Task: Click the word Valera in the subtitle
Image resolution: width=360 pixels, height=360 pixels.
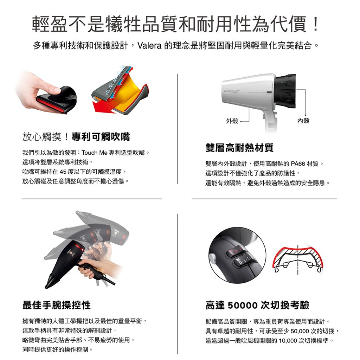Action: (149, 46)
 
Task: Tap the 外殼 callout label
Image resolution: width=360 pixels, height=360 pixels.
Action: (232, 121)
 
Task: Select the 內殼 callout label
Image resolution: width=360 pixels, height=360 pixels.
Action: (303, 121)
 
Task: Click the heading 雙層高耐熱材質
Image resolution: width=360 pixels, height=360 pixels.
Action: (239, 147)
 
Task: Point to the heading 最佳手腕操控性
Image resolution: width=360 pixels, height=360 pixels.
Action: (57, 305)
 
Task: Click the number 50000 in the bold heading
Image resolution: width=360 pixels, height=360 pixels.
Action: (243, 306)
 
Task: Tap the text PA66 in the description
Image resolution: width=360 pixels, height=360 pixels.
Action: (298, 164)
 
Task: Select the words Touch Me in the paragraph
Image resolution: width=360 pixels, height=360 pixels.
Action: (95, 153)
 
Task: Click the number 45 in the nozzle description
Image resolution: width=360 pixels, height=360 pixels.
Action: (63, 172)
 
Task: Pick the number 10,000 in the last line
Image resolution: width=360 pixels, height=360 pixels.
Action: (288, 341)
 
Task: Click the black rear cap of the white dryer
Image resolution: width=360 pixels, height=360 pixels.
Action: (285, 91)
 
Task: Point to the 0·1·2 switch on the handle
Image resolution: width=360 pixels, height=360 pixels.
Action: (243, 261)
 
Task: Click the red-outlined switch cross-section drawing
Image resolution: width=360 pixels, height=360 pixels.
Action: (298, 260)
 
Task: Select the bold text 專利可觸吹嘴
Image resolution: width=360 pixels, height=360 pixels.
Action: (101, 137)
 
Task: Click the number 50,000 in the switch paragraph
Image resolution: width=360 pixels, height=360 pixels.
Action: (300, 331)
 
